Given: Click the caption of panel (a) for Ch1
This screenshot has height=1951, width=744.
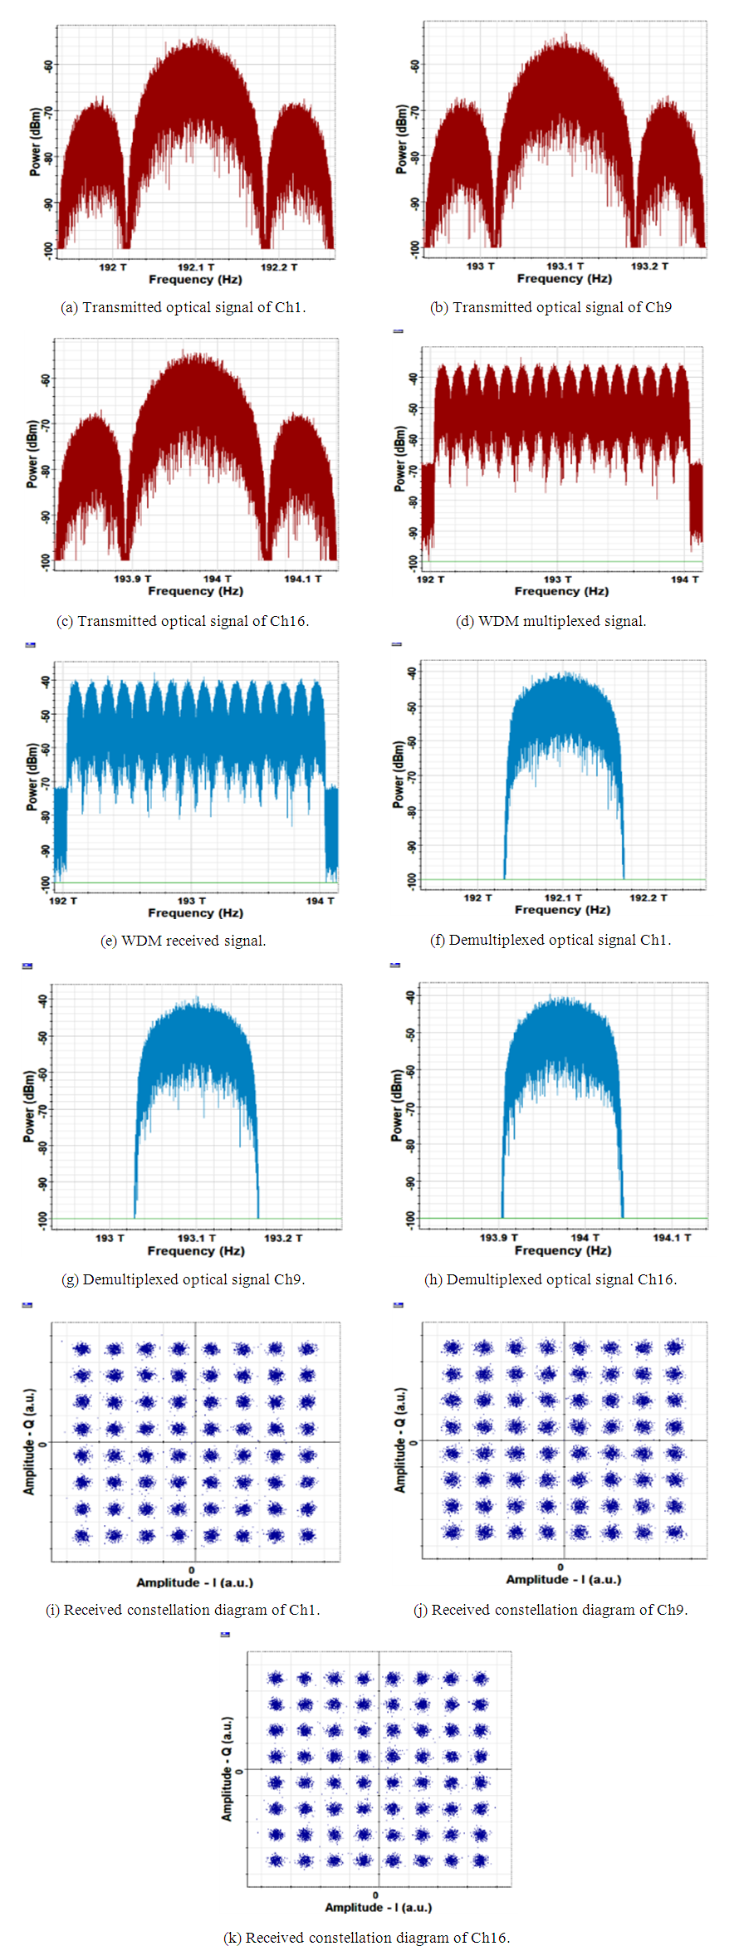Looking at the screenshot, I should tap(183, 307).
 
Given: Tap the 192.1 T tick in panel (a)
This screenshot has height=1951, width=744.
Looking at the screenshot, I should tap(196, 267).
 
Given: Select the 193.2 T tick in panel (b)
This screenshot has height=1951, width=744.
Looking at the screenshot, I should tap(649, 266).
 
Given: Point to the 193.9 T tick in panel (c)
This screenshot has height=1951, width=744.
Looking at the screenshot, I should tap(133, 579).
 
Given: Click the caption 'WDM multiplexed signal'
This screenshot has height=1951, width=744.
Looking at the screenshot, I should tap(551, 621).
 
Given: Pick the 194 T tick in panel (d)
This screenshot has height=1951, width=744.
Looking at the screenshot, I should tap(684, 579).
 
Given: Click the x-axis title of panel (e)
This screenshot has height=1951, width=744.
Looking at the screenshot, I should tap(196, 912).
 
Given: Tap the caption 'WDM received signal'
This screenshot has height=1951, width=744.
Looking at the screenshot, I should tap(183, 941).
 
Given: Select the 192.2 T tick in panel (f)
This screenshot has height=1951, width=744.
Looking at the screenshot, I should tap(648, 897).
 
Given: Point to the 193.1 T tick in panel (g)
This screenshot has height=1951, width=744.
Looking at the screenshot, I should tap(197, 1238).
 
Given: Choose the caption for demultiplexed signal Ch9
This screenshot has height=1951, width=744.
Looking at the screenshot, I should tap(183, 1279).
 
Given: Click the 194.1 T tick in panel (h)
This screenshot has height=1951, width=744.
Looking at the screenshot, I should tap(672, 1237).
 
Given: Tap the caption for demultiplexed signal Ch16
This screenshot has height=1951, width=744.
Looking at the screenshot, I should tap(551, 1279).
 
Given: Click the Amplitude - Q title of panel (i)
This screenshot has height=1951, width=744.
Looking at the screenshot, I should tap(29, 1442).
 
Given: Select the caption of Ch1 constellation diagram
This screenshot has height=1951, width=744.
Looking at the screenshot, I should tap(183, 1610).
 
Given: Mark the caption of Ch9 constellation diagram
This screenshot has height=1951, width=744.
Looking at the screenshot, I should tap(551, 1610).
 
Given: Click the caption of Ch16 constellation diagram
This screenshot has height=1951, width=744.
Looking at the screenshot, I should tap(367, 1937).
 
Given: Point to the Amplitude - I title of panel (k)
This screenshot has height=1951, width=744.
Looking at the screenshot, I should tap(378, 1907).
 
